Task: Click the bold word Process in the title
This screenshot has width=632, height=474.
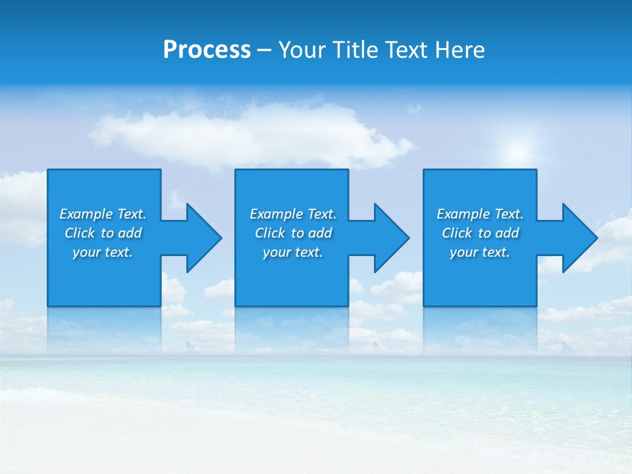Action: (x=207, y=50)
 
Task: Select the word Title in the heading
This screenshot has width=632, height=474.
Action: (x=357, y=50)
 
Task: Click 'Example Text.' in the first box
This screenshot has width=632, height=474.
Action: (x=103, y=214)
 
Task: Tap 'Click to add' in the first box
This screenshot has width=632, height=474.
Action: (x=103, y=233)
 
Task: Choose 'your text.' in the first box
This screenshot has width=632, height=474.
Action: (x=103, y=252)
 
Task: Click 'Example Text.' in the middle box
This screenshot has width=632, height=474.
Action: (x=293, y=214)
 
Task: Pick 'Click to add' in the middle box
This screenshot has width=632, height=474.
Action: (x=293, y=233)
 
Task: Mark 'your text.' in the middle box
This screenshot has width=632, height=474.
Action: (x=293, y=252)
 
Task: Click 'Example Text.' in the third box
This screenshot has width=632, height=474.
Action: (x=480, y=214)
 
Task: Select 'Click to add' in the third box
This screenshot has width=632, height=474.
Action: (x=480, y=233)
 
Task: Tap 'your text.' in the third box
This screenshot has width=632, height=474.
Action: (x=480, y=252)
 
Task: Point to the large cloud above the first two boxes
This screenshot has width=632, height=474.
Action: (x=250, y=132)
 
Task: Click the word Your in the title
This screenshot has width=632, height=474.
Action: (x=303, y=50)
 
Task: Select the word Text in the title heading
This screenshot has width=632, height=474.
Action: (x=408, y=50)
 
